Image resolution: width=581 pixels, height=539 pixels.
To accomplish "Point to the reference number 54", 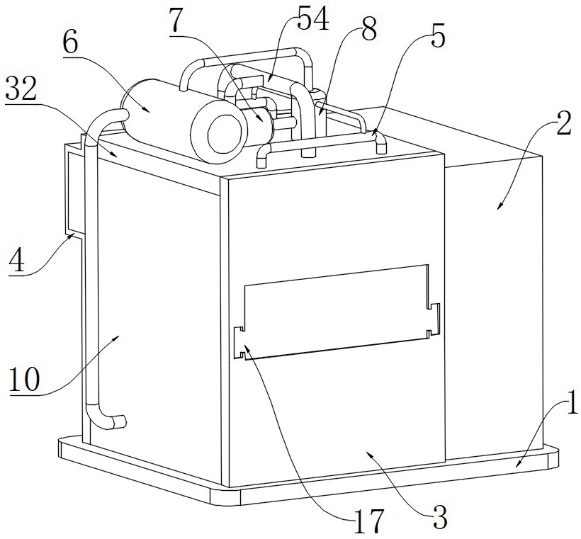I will pyautogui.click(x=312, y=20).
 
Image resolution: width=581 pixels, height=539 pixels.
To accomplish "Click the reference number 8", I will pyautogui.click(x=368, y=30).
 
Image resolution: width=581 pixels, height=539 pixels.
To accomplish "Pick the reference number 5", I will pyautogui.click(x=438, y=37).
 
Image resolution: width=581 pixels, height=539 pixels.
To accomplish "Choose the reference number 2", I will pyautogui.click(x=563, y=125).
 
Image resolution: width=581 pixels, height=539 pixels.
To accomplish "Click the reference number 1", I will pyautogui.click(x=568, y=409).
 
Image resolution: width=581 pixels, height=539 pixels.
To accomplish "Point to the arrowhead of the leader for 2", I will pyautogui.click(x=500, y=207).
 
